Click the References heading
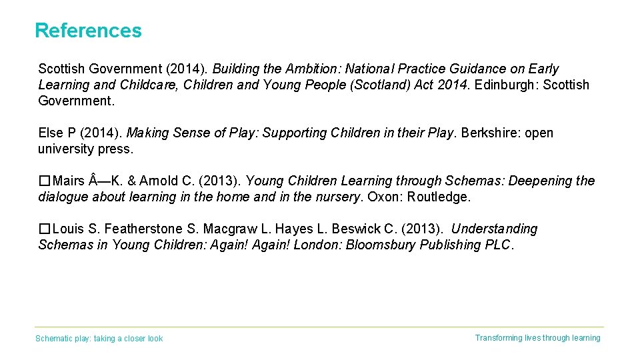pyautogui.click(x=88, y=31)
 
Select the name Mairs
pyautogui.click(x=69, y=181)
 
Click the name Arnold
pyautogui.click(x=159, y=181)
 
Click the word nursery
pyautogui.click(x=337, y=197)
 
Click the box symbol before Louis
pyautogui.click(x=44, y=229)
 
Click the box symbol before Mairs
pyautogui.click(x=44, y=181)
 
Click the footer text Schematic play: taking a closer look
pyautogui.click(x=99, y=339)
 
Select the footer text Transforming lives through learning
pyautogui.click(x=537, y=338)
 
